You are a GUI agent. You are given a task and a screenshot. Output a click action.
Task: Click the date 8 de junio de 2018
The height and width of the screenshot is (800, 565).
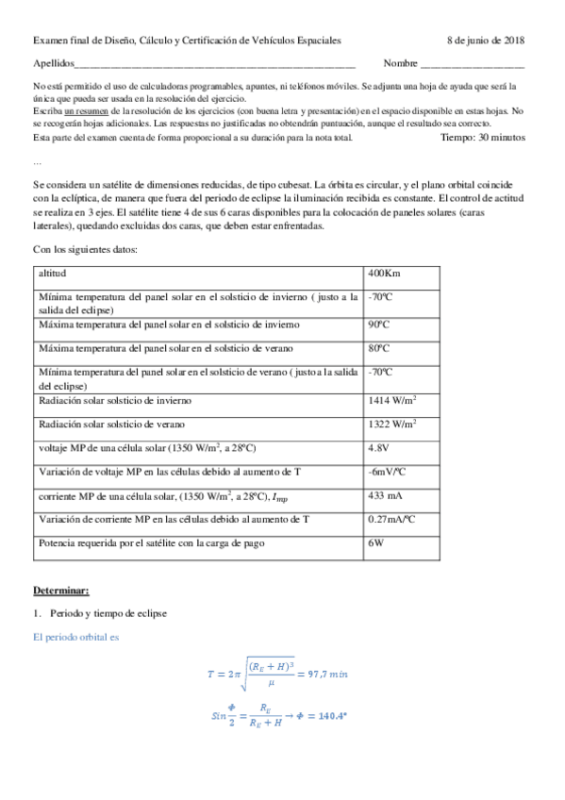(486, 41)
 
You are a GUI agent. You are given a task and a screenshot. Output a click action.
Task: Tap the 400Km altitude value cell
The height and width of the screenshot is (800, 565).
(385, 274)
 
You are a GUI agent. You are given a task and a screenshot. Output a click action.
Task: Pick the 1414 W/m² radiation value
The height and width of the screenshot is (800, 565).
(392, 400)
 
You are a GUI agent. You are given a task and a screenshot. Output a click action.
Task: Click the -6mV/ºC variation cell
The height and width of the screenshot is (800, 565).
(388, 471)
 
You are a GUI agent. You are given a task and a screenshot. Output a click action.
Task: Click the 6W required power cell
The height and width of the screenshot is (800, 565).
(375, 543)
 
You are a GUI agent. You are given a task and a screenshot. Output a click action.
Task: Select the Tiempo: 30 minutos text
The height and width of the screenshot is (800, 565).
(482, 138)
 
